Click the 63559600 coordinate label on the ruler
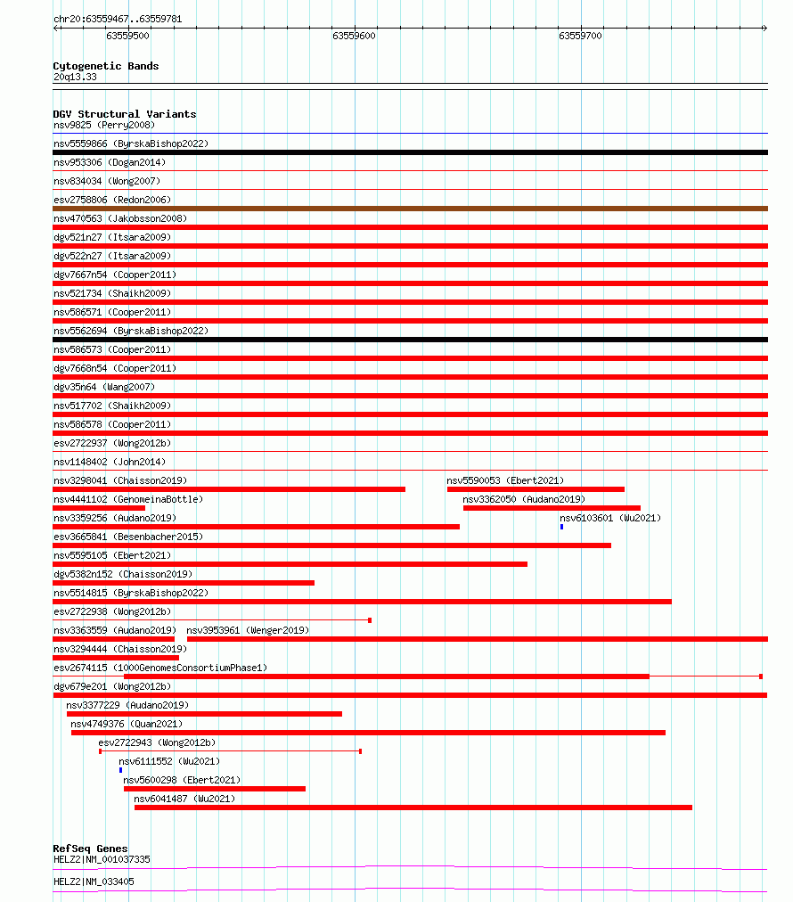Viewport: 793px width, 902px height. click(x=354, y=37)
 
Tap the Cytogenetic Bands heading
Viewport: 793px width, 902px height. click(x=105, y=66)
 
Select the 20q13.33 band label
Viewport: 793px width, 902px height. click(x=75, y=77)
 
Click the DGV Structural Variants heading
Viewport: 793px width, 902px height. click(x=124, y=114)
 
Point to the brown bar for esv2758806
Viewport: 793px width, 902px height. click(x=410, y=209)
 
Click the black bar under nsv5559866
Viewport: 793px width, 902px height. click(x=410, y=152)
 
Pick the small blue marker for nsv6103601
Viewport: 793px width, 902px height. click(x=561, y=527)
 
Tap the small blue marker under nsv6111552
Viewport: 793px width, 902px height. click(x=120, y=770)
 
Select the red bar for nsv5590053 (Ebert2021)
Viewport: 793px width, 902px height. click(x=535, y=489)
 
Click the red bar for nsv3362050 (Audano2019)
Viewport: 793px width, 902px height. click(x=552, y=508)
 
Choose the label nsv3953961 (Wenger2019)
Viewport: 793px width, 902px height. click(x=248, y=631)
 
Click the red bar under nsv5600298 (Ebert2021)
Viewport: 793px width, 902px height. click(x=215, y=789)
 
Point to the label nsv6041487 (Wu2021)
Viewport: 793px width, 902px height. click(x=184, y=799)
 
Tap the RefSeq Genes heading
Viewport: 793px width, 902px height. click(x=90, y=849)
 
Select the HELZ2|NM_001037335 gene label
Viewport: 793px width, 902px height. click(x=102, y=859)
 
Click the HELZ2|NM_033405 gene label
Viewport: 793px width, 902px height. click(x=94, y=881)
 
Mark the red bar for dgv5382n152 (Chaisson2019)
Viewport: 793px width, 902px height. click(x=184, y=583)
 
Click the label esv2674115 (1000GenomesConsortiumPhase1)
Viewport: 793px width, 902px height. click(x=159, y=668)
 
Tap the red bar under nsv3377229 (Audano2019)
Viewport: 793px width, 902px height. click(x=204, y=714)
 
